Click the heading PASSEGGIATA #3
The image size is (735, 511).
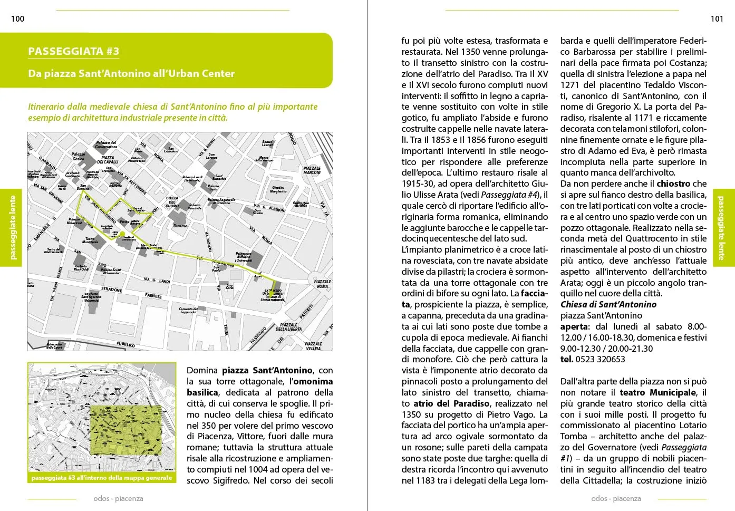click(x=73, y=51)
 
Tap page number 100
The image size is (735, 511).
click(x=17, y=19)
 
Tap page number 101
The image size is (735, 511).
click(x=717, y=19)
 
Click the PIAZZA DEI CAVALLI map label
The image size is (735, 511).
click(x=108, y=160)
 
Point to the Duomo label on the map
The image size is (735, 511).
click(x=180, y=225)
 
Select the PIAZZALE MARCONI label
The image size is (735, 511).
click(x=312, y=170)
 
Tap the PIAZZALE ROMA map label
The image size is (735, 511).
click(x=322, y=284)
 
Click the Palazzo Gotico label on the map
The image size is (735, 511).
click(x=78, y=157)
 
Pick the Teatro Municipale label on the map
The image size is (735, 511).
click(x=90, y=240)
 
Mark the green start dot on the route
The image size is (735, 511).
click(x=122, y=234)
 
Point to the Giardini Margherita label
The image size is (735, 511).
click(x=278, y=189)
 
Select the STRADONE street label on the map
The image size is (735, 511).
click(x=112, y=290)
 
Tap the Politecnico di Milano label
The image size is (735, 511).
click(x=244, y=257)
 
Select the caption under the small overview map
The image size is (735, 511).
click(x=102, y=478)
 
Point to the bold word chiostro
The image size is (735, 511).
click(x=673, y=184)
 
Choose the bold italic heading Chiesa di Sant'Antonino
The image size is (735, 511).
click(x=608, y=304)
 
